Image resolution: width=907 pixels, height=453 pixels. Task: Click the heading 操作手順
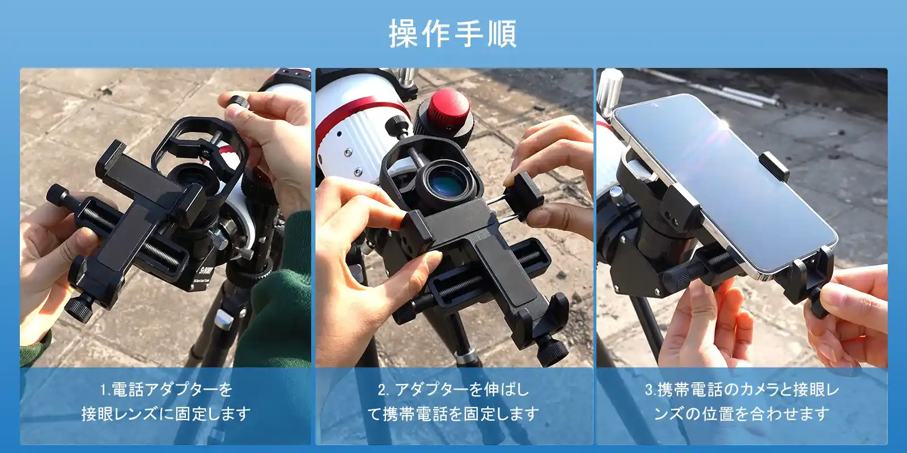click(453, 34)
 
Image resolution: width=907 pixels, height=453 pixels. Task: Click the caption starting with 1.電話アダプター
click(166, 401)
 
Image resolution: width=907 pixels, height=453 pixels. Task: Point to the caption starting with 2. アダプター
click(453, 401)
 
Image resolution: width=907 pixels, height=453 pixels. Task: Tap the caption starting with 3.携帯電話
click(742, 401)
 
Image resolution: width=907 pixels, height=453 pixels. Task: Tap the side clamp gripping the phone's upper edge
click(773, 166)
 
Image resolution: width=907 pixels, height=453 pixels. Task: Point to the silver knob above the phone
click(609, 92)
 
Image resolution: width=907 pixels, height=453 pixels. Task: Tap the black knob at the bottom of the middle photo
click(553, 351)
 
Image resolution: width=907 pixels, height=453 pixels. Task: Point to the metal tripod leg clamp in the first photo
click(224, 319)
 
